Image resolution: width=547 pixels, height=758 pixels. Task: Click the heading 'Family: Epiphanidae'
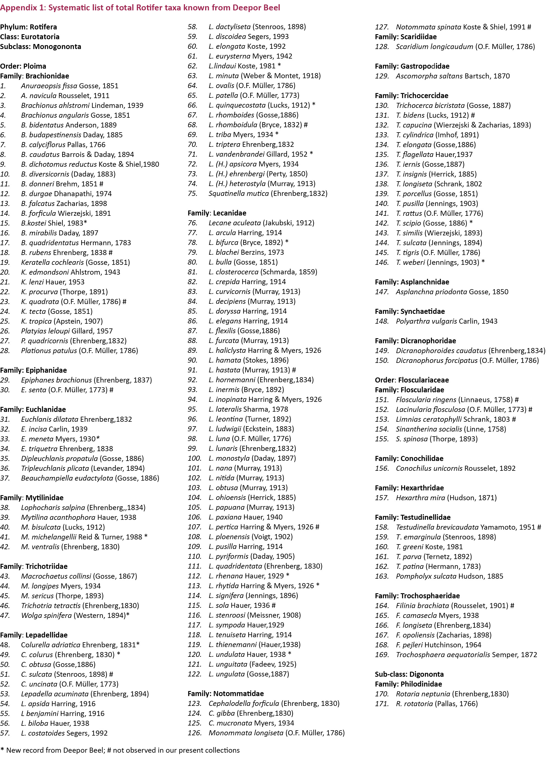pos(33,370)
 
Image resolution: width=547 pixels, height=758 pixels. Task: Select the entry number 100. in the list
pos(194,458)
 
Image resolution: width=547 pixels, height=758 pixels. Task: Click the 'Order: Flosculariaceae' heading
pos(412,380)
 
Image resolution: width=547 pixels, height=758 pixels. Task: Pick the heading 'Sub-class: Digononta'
pos(409,674)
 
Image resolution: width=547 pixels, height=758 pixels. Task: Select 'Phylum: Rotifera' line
pos(28,27)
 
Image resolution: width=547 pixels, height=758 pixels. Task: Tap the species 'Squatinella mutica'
pos(238,194)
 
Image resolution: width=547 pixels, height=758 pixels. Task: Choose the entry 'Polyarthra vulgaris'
pos(427,321)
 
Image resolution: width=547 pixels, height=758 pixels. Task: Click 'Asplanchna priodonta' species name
pos(431,292)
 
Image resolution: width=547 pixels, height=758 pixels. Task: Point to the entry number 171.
pos(382,704)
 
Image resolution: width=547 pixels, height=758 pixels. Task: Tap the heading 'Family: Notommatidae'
pos(226,694)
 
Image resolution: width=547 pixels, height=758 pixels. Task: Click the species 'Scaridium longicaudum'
pos(434,47)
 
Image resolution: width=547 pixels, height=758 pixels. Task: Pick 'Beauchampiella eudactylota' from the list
pos(67,478)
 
